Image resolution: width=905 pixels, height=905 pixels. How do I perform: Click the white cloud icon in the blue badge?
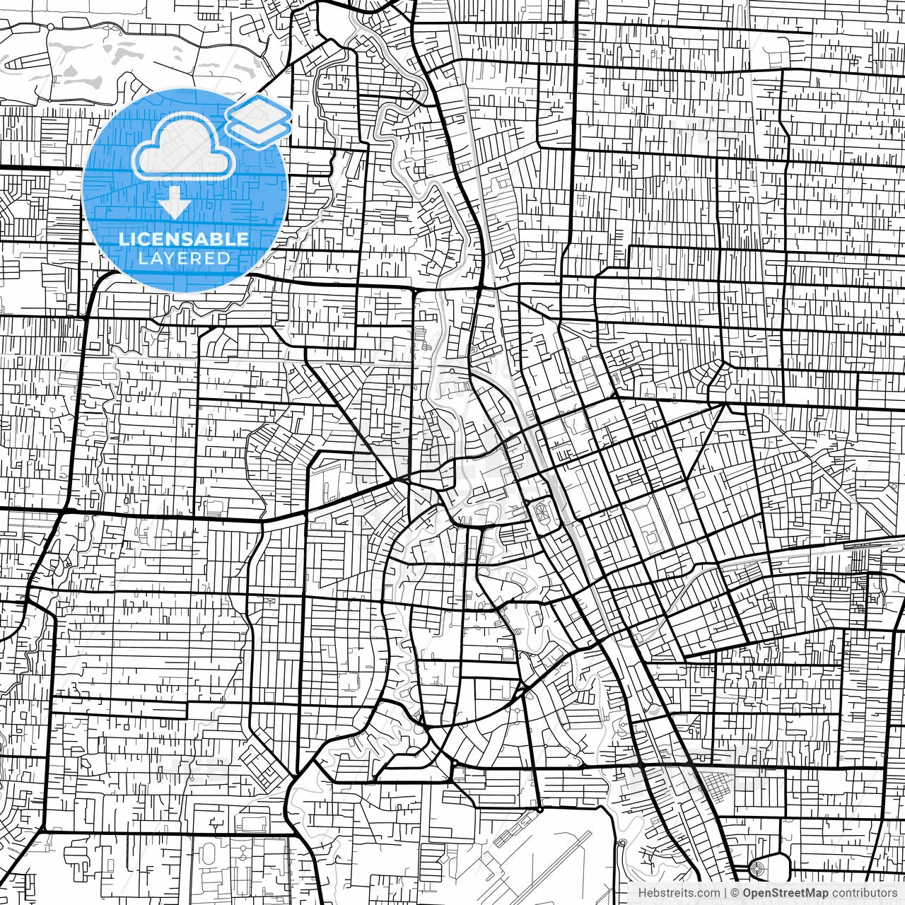pyautogui.click(x=184, y=146)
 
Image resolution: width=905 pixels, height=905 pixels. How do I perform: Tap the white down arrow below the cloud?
pyautogui.click(x=174, y=205)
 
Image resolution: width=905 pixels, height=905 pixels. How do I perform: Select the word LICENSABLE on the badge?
pyautogui.click(x=184, y=239)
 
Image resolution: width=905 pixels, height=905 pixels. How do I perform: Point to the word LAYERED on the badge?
pyautogui.click(x=184, y=259)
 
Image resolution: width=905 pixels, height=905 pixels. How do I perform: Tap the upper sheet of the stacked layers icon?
pyautogui.click(x=259, y=112)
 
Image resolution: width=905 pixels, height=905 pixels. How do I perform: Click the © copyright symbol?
pyautogui.click(x=735, y=893)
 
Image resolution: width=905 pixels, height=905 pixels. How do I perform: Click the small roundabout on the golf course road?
pyautogui.click(x=52, y=27)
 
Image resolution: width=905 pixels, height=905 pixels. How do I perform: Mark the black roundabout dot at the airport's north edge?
pyautogui.click(x=539, y=809)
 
